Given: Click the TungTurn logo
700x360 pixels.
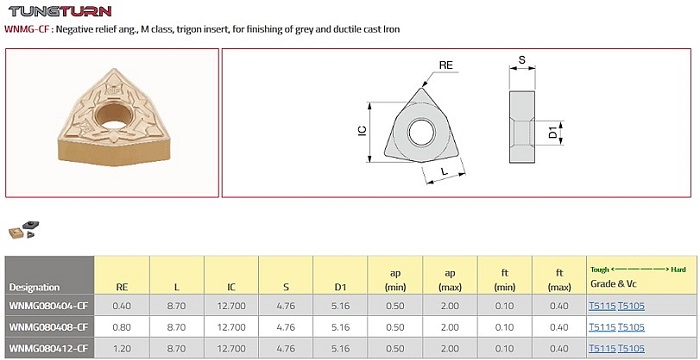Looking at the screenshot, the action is pos(60,11).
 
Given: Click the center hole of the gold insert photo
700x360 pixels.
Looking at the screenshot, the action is pos(114,114).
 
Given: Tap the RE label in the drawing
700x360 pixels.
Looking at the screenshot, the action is pos(446,65).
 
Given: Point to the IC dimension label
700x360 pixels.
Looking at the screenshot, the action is pos(362,130).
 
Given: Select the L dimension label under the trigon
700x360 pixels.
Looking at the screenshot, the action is pos(444,171).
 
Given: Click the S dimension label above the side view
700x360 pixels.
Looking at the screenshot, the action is pos(522,60).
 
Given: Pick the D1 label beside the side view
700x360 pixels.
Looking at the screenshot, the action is pos(554,132).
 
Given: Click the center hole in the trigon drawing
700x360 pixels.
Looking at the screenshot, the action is pos(421,132).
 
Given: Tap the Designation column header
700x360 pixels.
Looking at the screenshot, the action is pos(34,287).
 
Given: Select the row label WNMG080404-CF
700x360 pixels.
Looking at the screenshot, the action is pos(48,306).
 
